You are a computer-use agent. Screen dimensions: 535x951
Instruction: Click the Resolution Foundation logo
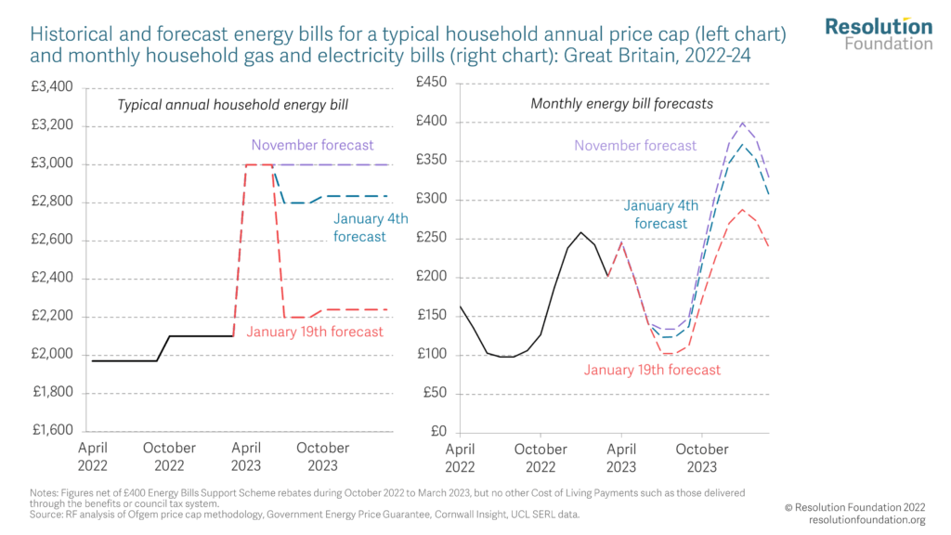[x=879, y=33]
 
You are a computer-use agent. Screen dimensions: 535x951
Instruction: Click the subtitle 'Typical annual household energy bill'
[x=232, y=104]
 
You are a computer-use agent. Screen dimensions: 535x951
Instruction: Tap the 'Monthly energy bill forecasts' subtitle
[x=621, y=104]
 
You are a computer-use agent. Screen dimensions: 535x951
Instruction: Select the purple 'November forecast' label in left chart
[x=312, y=145]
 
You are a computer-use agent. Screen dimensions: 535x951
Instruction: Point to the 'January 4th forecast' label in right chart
[x=661, y=215]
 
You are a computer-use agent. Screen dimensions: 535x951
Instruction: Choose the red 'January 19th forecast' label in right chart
[x=652, y=370]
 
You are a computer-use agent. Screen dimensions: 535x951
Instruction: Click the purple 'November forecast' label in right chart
[x=635, y=146]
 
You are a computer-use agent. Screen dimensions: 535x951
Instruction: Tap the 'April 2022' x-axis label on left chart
[x=93, y=456]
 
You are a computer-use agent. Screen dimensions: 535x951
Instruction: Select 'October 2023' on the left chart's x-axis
[x=322, y=456]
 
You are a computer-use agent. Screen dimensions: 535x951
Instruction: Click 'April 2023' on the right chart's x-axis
[x=621, y=456]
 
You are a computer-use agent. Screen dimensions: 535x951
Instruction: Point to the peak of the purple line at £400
[x=742, y=123]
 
